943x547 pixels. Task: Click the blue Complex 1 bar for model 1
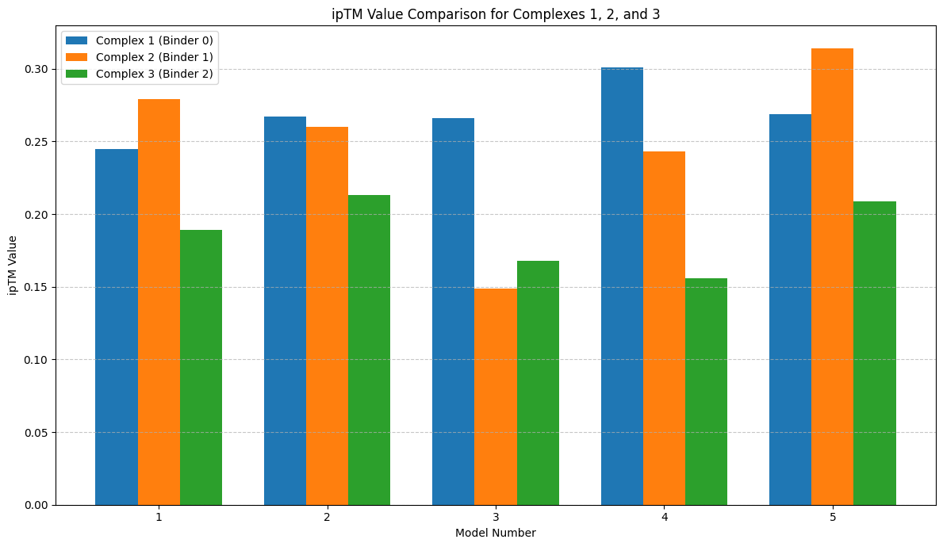(x=117, y=327)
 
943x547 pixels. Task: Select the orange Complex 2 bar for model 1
(x=159, y=302)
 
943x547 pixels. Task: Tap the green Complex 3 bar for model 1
(x=201, y=367)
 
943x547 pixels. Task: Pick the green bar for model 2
(x=369, y=350)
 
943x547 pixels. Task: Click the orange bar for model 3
(x=496, y=396)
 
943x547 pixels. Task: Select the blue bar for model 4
(x=622, y=286)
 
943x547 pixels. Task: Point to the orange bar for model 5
(x=832, y=277)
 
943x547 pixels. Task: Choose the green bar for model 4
(x=706, y=392)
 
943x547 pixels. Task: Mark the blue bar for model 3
(x=454, y=312)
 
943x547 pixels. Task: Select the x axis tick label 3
(x=496, y=518)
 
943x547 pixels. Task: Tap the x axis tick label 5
(x=833, y=518)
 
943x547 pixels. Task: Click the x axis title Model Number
(x=496, y=533)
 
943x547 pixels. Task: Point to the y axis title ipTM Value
(x=13, y=265)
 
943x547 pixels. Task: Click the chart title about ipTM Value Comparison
(x=496, y=14)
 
